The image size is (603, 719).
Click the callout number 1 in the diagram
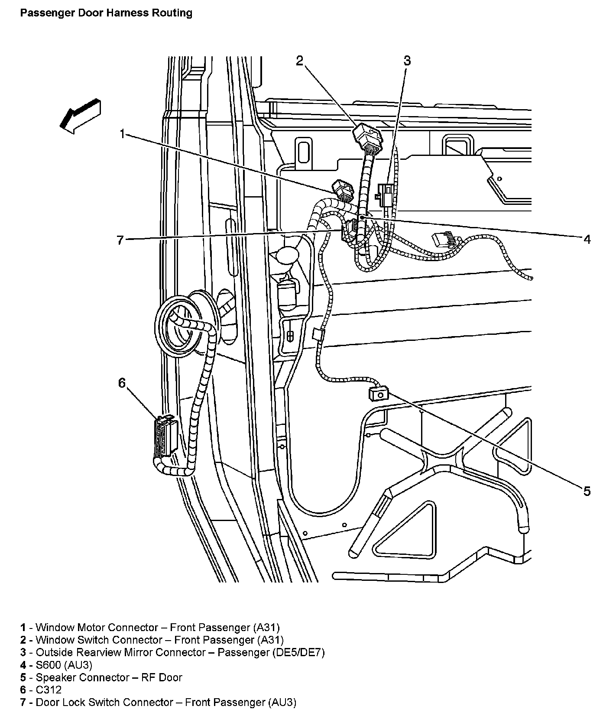(123, 134)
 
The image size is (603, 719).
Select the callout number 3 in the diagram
(407, 61)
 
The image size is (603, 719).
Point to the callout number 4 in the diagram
(587, 239)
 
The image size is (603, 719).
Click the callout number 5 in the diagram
(587, 491)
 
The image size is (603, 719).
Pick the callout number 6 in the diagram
(122, 382)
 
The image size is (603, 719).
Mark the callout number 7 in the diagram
(120, 240)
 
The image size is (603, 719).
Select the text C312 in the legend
(49, 690)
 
